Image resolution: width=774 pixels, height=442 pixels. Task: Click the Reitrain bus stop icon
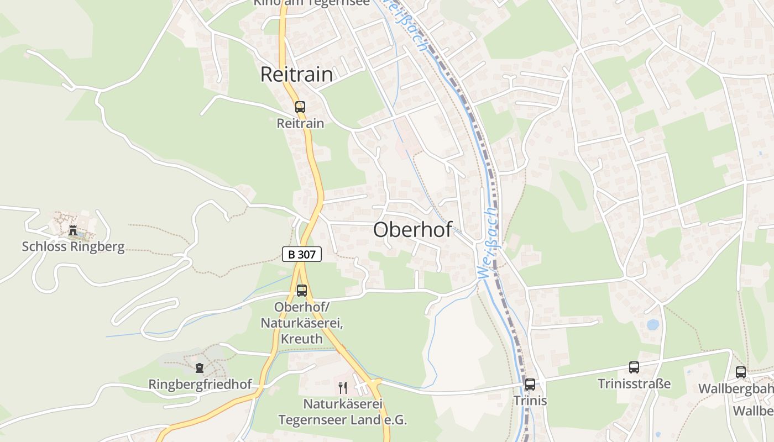(x=300, y=107)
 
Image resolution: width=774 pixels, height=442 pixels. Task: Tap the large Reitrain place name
(x=296, y=75)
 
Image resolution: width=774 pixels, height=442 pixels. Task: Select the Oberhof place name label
(x=412, y=230)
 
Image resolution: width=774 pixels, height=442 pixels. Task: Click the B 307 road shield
(x=301, y=254)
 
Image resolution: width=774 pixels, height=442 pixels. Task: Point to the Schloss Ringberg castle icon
(x=73, y=230)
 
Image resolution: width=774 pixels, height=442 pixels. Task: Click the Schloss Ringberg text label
(x=73, y=246)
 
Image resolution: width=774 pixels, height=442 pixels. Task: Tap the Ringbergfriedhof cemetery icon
(x=200, y=367)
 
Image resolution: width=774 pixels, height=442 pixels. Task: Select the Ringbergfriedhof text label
(x=200, y=383)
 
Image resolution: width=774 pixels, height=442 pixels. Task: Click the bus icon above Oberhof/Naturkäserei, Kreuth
(x=301, y=291)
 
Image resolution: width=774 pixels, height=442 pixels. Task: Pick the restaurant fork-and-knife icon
(x=343, y=387)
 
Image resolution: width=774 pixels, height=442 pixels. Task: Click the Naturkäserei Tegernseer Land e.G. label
(x=342, y=412)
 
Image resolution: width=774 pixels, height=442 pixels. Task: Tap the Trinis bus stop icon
(x=530, y=385)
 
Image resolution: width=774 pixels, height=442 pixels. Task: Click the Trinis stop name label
(x=530, y=401)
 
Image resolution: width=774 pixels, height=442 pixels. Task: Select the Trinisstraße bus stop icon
(x=634, y=367)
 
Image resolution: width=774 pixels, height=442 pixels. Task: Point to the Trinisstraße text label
(x=634, y=383)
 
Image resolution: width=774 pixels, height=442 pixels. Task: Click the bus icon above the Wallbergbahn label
(x=740, y=372)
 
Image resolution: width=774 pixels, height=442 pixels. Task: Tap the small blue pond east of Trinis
(x=653, y=324)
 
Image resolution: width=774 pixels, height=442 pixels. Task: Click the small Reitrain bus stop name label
(x=300, y=123)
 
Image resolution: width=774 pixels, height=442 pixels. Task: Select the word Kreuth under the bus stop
(x=301, y=338)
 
